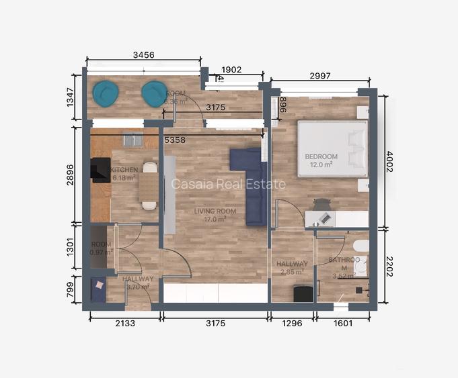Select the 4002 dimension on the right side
[389, 161]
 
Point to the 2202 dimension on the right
[389, 265]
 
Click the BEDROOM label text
[321, 157]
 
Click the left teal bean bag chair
[106, 93]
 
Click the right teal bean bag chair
[155, 93]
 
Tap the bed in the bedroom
[332, 148]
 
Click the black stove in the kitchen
[100, 170]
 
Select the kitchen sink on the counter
[132, 139]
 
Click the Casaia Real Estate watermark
[229, 184]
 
